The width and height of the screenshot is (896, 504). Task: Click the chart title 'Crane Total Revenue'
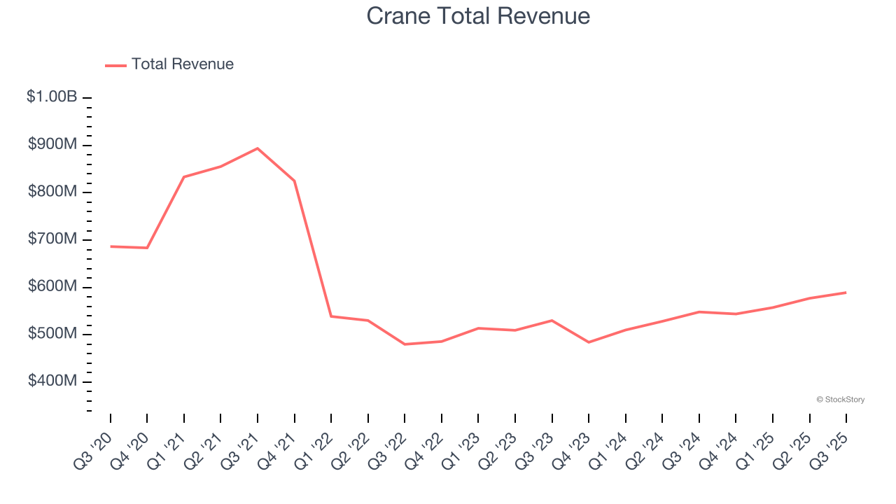tap(478, 16)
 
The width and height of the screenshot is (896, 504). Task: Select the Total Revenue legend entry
tap(169, 64)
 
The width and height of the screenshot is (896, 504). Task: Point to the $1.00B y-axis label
tap(52, 97)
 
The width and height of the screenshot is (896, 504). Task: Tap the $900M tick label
tap(52, 145)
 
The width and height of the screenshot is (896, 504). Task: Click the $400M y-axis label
tap(52, 381)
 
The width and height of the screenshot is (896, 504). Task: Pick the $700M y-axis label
tap(52, 239)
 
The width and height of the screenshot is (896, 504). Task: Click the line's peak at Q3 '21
tap(258, 148)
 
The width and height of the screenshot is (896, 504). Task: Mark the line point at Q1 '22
tap(331, 316)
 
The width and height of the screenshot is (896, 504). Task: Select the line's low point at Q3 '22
tap(405, 344)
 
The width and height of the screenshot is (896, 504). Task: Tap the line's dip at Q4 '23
tap(589, 342)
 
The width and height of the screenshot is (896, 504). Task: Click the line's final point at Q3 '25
tap(846, 293)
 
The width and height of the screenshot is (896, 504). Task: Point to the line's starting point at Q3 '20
tap(111, 246)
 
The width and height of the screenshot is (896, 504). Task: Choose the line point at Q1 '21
tap(184, 176)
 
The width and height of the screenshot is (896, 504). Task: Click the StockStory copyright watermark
tap(840, 400)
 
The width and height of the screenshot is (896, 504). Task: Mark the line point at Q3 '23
tap(552, 321)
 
